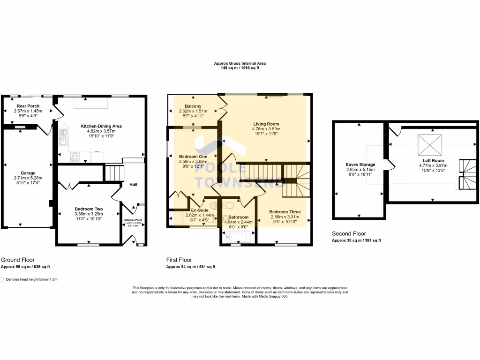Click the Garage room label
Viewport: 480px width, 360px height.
click(28, 173)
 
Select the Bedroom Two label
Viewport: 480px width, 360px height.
click(89, 209)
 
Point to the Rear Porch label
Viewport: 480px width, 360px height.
click(28, 106)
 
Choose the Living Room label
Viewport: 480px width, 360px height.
click(266, 123)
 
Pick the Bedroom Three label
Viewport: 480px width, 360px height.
click(285, 212)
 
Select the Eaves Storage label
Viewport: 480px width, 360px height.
click(360, 165)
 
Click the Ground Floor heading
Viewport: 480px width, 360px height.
click(18, 260)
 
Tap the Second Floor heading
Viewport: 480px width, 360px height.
click(349, 233)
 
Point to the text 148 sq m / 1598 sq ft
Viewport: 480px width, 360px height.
click(240, 68)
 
